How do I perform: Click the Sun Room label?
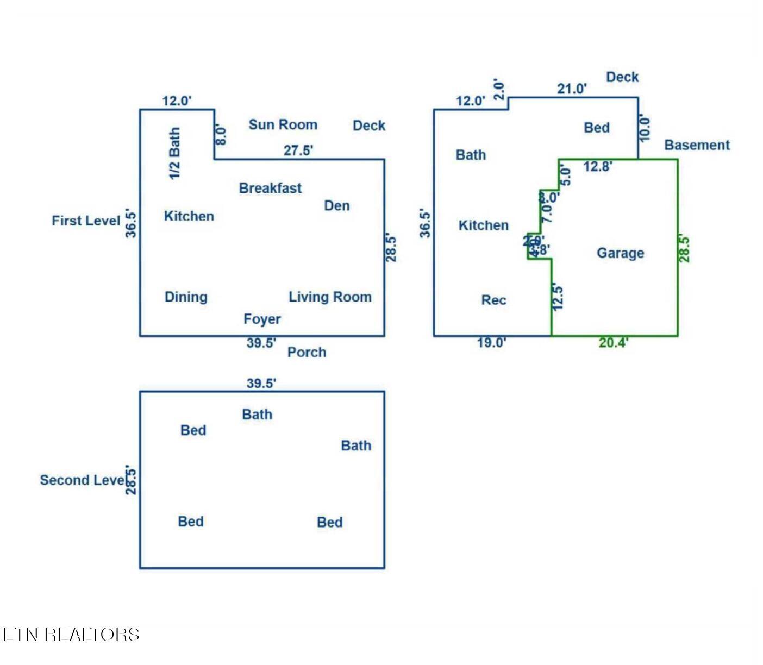pos(283,124)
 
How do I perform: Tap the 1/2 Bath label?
pos(174,153)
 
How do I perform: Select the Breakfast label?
pos(270,188)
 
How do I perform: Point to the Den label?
pos(337,205)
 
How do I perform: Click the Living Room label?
pos(330,297)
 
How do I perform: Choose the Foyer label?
pos(262,319)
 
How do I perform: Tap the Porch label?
pos(307,352)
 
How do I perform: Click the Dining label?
pos(186,297)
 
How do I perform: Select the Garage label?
pos(620,253)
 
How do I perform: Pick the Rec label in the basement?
pos(493,300)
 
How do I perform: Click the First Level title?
pos(86,221)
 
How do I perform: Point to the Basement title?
pos(697,145)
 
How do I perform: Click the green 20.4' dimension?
pos(614,342)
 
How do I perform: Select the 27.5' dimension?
pos(298,150)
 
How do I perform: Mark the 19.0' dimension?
pos(492,342)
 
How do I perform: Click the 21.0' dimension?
pos(572,89)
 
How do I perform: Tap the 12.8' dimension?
pos(598,166)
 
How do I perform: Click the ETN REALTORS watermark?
pos(71,635)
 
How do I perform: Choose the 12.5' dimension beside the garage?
pos(558,297)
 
